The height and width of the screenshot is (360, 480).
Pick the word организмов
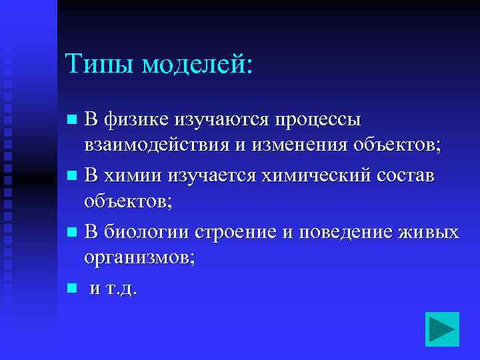pos(140,259)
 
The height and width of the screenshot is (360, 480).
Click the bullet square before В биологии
pos(72,233)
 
